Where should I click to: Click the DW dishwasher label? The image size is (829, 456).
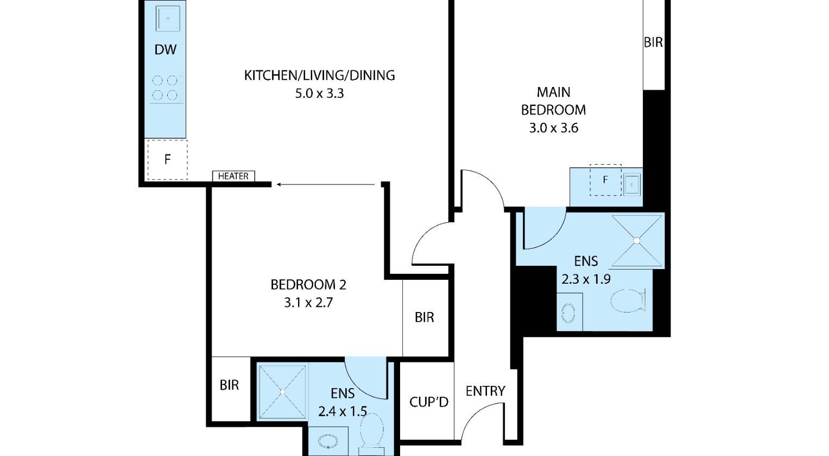pyautogui.click(x=165, y=49)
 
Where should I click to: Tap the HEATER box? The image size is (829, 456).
pyautogui.click(x=233, y=176)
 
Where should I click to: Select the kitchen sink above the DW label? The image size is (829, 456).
pyautogui.click(x=168, y=18)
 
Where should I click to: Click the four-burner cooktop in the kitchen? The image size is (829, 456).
pyautogui.click(x=166, y=88)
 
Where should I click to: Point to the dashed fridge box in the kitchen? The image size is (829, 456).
pyautogui.click(x=167, y=160)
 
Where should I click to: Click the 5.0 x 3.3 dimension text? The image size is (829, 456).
pyautogui.click(x=319, y=93)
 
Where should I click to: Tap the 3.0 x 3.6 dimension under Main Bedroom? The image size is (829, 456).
pyautogui.click(x=553, y=128)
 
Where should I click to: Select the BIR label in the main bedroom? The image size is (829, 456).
pyautogui.click(x=653, y=42)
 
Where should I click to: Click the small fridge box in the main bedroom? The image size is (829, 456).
pyautogui.click(x=605, y=180)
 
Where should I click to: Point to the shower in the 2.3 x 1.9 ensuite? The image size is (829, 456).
pyautogui.click(x=637, y=240)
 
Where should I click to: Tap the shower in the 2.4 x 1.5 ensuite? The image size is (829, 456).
pyautogui.click(x=283, y=391)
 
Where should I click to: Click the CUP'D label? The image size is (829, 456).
pyautogui.click(x=428, y=402)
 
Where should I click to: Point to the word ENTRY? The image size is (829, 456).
pyautogui.click(x=485, y=391)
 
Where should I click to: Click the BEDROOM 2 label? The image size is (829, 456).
pyautogui.click(x=308, y=284)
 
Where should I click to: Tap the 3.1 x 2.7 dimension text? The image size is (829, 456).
pyautogui.click(x=308, y=303)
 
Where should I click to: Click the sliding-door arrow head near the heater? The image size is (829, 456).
pyautogui.click(x=279, y=184)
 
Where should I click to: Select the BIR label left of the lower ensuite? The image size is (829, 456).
pyautogui.click(x=229, y=385)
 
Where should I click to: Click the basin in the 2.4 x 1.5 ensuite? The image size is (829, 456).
pyautogui.click(x=328, y=441)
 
